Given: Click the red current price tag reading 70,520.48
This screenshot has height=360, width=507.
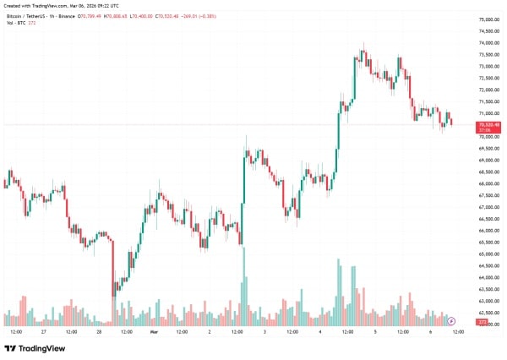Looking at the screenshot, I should coord(488,126).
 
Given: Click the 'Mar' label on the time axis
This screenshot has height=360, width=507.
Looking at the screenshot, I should coord(154,332).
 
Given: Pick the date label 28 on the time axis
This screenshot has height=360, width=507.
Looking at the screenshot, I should coord(99,332).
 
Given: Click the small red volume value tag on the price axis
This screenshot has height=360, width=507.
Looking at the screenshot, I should coord(482,322).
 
